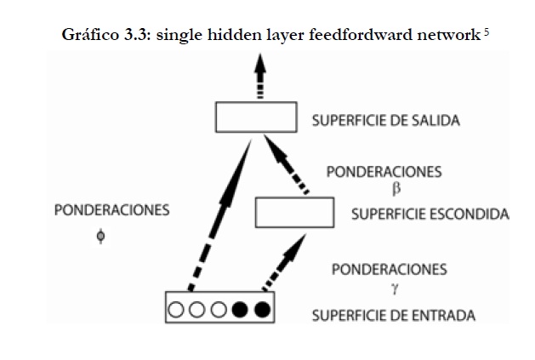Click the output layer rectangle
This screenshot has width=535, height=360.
pyautogui.click(x=255, y=117)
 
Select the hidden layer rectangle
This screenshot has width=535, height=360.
pyautogui.click(x=294, y=212)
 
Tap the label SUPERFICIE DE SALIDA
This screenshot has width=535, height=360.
pyautogui.click(x=386, y=120)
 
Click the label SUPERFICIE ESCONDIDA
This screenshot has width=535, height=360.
pyautogui.click(x=430, y=214)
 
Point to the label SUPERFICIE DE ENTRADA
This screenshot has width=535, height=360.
pyautogui.click(x=393, y=317)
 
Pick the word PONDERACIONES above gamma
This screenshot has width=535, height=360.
pyautogui.click(x=389, y=270)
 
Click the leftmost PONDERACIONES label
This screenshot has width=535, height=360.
pyautogui.click(x=100, y=209)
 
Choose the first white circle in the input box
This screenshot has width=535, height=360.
pyautogui.click(x=178, y=308)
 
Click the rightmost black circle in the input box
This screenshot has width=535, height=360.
pyautogui.click(x=262, y=308)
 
